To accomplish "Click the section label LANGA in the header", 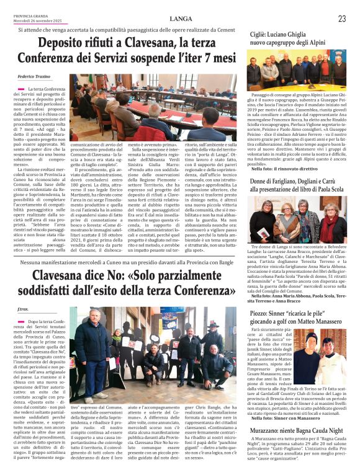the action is click(180, 19).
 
